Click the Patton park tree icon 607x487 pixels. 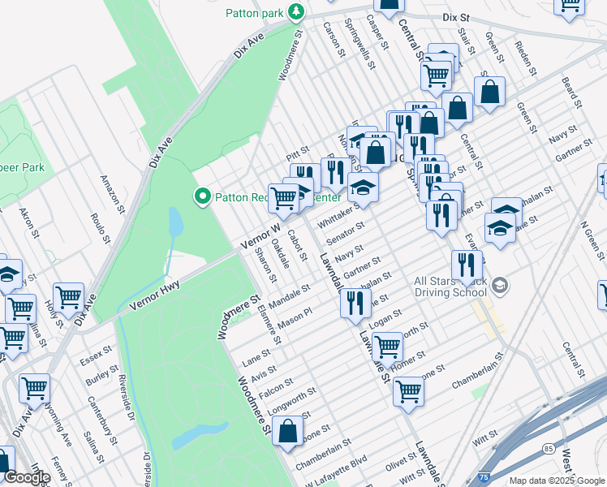coord(298,11)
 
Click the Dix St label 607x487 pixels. coord(456,16)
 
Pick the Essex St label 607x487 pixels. coord(94,355)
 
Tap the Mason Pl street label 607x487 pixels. coord(295,317)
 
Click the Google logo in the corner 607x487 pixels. coord(27,477)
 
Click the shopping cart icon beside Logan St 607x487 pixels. coord(387,347)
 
